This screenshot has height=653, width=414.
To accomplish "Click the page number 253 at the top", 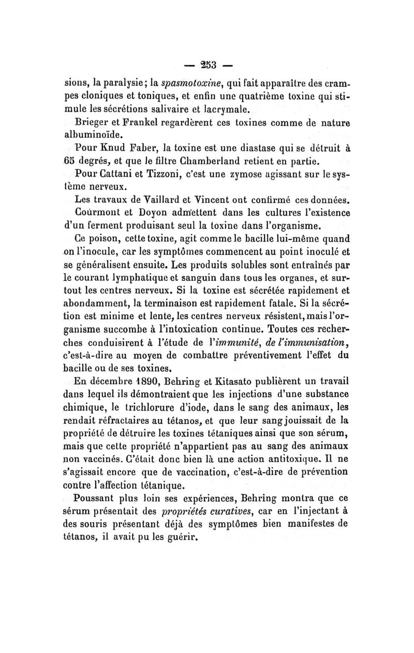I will (x=207, y=66).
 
